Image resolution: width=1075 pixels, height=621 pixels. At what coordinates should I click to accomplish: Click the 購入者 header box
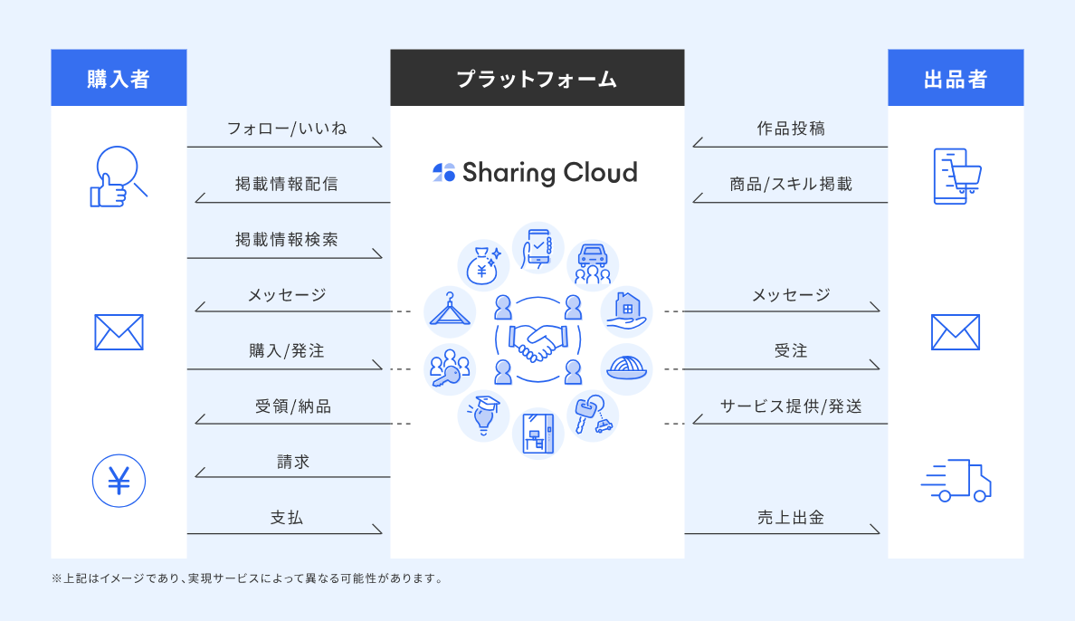[119, 78]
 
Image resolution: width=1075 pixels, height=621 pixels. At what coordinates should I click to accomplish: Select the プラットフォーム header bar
[537, 78]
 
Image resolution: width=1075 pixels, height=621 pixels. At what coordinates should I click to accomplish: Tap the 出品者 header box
[956, 78]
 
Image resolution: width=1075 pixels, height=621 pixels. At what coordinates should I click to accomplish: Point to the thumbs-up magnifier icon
[118, 177]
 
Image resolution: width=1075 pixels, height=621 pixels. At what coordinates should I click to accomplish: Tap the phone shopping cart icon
[956, 176]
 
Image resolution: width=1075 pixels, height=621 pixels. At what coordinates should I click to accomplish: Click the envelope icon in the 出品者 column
[956, 332]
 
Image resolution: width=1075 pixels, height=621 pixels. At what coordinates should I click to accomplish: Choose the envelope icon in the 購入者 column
[119, 332]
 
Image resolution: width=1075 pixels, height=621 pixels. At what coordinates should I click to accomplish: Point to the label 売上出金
[791, 519]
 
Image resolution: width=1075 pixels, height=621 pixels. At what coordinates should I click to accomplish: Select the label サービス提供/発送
[791, 406]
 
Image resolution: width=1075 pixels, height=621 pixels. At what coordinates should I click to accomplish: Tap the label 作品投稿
[791, 129]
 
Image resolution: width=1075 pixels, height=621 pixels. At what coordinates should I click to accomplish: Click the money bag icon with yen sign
[483, 263]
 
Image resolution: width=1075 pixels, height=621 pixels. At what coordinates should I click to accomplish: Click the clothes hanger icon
[449, 310]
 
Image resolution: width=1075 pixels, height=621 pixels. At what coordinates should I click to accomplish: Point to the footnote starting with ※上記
[248, 578]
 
